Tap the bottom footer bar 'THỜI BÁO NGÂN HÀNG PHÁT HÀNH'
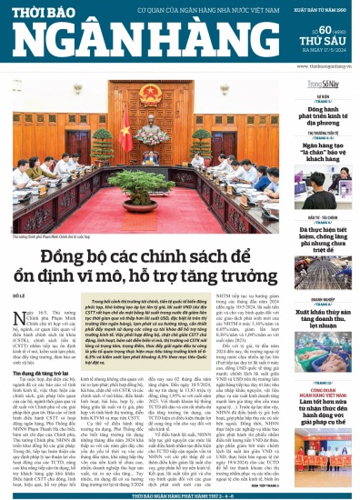[x=179, y=495]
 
